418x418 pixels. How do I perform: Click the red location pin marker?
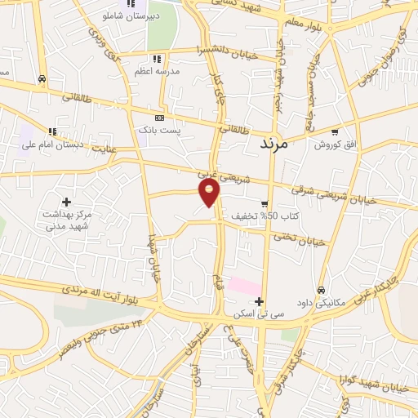210,192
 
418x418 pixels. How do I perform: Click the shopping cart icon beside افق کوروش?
335,131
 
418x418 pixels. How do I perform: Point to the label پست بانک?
158,130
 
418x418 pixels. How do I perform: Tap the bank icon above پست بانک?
158,118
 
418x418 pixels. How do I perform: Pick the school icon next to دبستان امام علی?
53,131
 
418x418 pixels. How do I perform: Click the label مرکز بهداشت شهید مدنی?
65,218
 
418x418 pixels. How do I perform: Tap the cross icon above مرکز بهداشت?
66,201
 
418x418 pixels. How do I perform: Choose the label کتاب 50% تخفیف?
256,216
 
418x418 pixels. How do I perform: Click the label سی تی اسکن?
259,314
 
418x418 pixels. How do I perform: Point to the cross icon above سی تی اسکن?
259,302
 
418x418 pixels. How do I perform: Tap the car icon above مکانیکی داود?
321,290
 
